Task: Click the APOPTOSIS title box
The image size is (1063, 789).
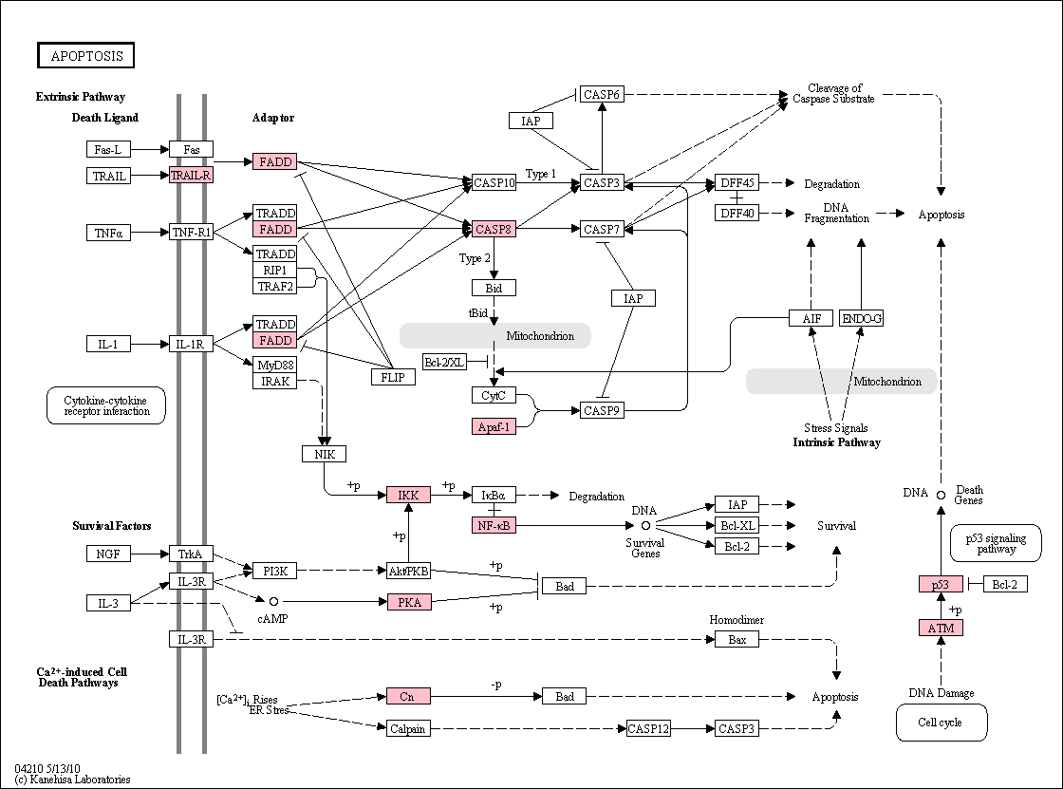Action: click(85, 56)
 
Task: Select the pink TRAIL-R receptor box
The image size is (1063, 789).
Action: click(191, 175)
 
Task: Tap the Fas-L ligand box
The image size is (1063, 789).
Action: click(108, 149)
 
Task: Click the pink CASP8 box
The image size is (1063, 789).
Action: click(494, 230)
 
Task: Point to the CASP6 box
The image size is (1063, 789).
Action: click(602, 94)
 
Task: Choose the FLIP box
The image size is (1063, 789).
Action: click(393, 377)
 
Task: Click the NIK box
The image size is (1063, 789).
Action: click(324, 454)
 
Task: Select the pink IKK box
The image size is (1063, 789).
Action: click(408, 496)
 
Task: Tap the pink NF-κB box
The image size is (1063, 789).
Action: click(494, 525)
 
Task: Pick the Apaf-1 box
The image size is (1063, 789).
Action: click(494, 426)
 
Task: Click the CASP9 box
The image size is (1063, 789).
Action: click(602, 410)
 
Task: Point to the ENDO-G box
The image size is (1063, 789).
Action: click(861, 318)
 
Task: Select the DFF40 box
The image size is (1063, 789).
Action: click(737, 213)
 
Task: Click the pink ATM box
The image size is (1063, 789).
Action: click(941, 629)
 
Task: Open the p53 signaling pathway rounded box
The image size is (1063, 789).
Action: click(996, 543)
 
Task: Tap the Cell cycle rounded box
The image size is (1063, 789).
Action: click(941, 723)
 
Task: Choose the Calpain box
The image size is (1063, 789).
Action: click(408, 729)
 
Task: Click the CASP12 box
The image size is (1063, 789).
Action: click(648, 729)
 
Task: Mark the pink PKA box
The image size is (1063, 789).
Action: click(409, 603)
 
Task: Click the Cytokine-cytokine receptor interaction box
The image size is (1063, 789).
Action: click(106, 405)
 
